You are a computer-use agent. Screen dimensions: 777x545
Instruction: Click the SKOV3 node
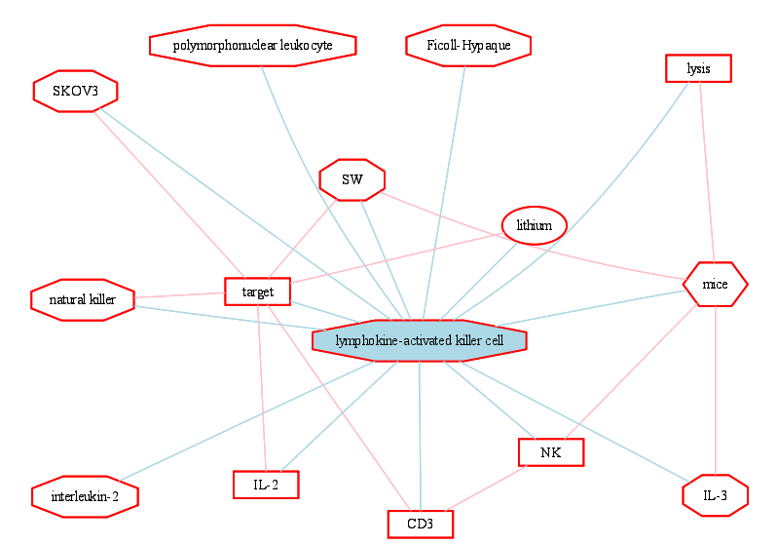tap(75, 91)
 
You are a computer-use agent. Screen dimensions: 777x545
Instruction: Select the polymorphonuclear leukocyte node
tap(253, 45)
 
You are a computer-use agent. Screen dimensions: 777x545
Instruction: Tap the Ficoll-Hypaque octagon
tap(468, 45)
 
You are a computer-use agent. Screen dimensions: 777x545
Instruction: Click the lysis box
tap(698, 68)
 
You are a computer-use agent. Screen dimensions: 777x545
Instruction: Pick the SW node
tap(352, 179)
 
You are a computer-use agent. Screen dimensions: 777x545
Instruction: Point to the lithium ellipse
tap(535, 225)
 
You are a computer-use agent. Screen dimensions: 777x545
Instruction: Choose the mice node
tap(715, 285)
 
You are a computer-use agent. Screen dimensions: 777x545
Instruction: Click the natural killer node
tap(83, 300)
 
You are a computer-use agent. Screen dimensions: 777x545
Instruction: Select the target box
tap(258, 292)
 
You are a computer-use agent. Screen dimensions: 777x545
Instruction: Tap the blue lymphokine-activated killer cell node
tap(420, 341)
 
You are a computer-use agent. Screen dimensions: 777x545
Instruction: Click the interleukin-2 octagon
tap(85, 496)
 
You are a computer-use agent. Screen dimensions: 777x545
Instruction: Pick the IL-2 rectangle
tap(266, 485)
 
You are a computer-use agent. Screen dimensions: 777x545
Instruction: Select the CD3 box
tap(421, 525)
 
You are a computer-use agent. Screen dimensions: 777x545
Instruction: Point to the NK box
tap(551, 452)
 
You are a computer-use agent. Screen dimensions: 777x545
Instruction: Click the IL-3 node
tap(715, 495)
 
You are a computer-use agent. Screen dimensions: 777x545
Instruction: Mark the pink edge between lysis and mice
tap(707, 173)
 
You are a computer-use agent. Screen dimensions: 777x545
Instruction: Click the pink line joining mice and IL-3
tap(716, 391)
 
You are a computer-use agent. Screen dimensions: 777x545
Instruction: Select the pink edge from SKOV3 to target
tap(169, 195)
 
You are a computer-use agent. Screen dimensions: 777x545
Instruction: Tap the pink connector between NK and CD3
tap(486, 487)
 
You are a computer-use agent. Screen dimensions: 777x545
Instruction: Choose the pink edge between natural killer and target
tap(180, 295)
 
